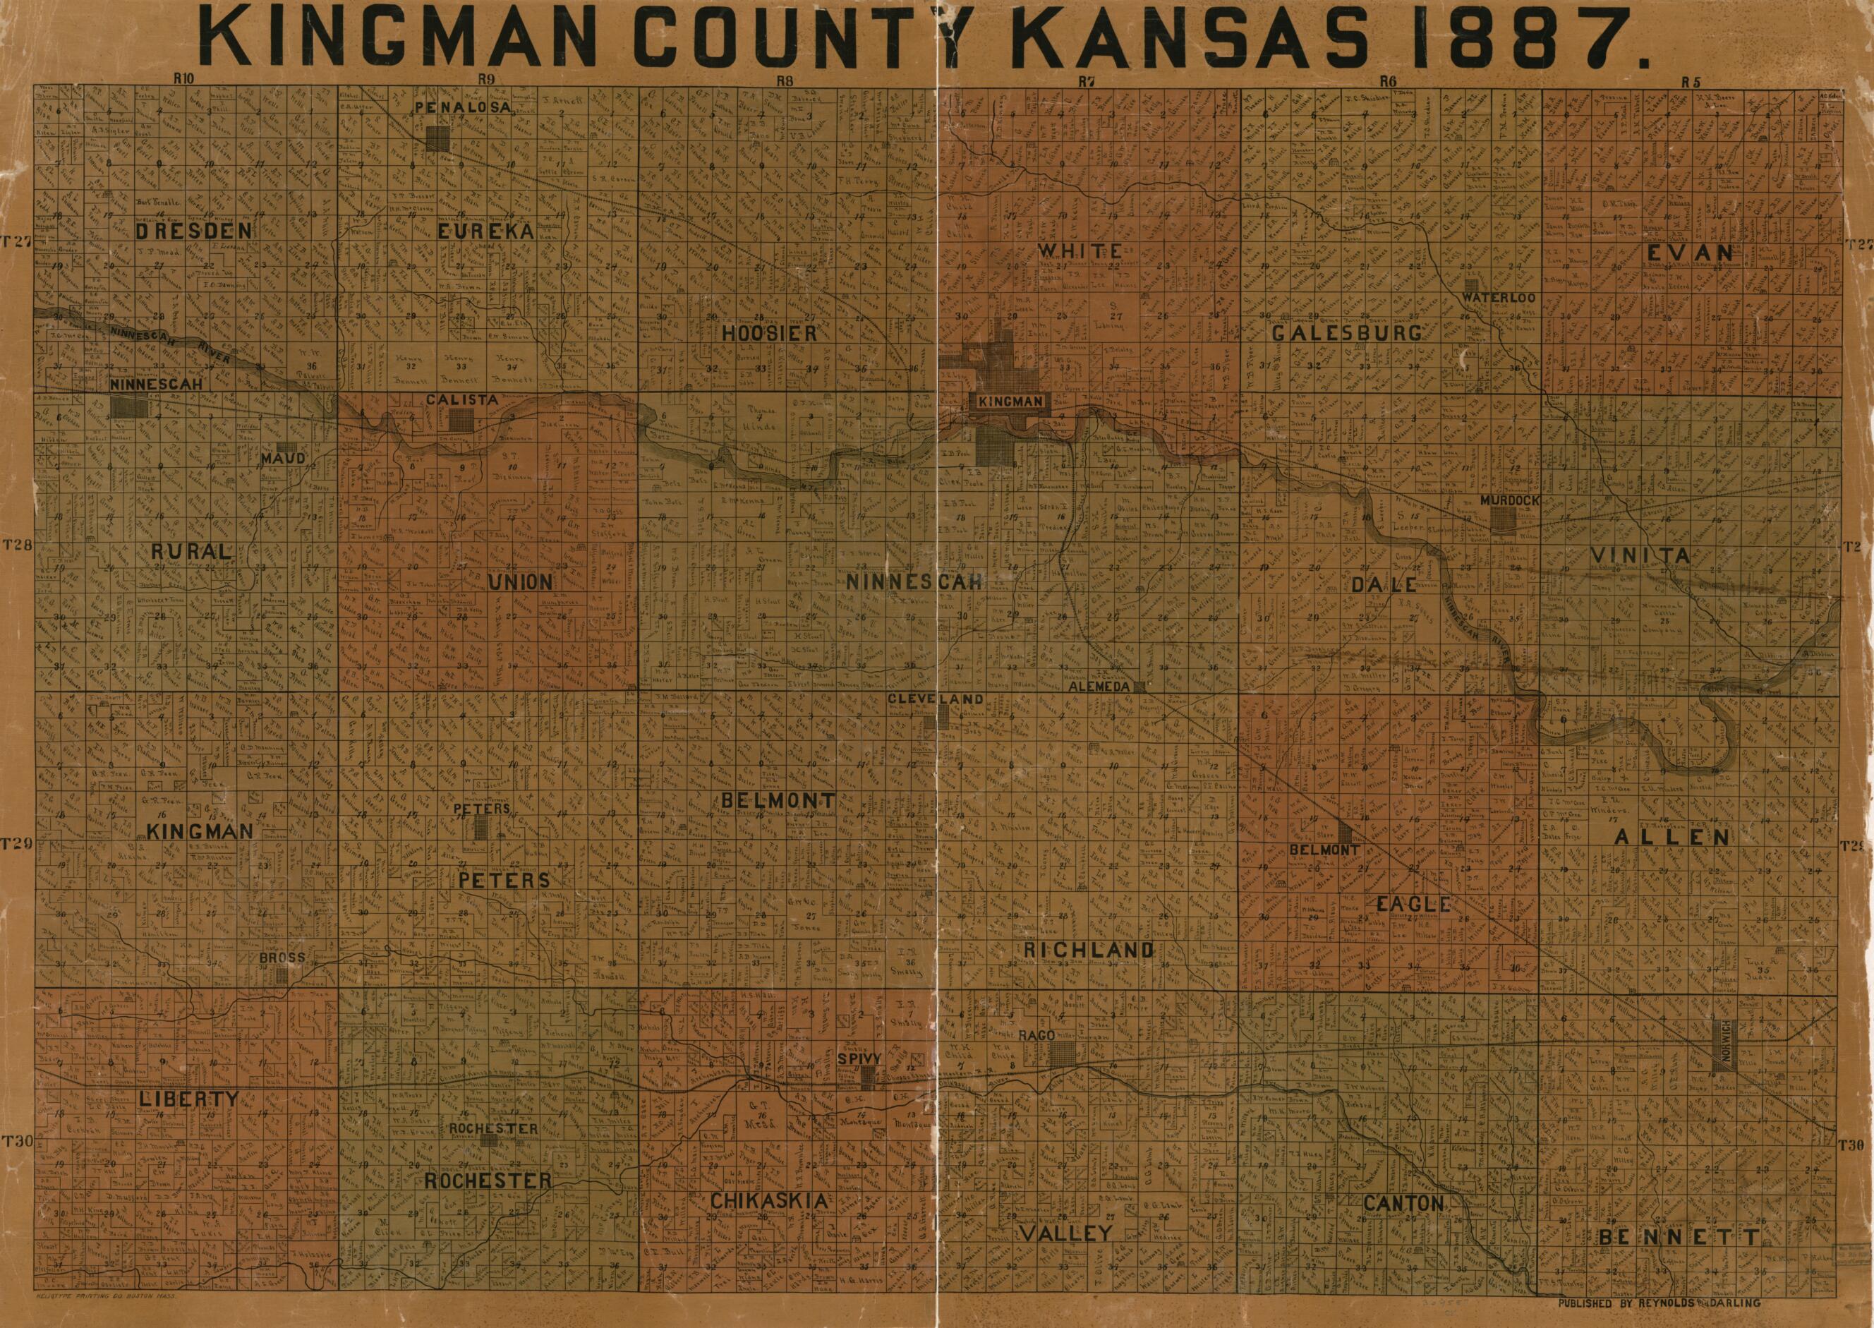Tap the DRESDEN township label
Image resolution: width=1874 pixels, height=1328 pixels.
tap(193, 231)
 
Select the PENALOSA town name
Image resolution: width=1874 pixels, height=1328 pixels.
tap(462, 107)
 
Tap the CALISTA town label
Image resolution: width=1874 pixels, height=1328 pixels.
tap(461, 400)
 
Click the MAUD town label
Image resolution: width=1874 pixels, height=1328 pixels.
tap(283, 458)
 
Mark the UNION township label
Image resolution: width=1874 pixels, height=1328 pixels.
tap(520, 582)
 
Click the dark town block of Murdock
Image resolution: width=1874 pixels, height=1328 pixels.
tap(1503, 519)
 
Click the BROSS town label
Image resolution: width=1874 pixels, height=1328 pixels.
tap(282, 958)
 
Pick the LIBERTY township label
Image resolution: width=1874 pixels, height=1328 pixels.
tap(188, 1099)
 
